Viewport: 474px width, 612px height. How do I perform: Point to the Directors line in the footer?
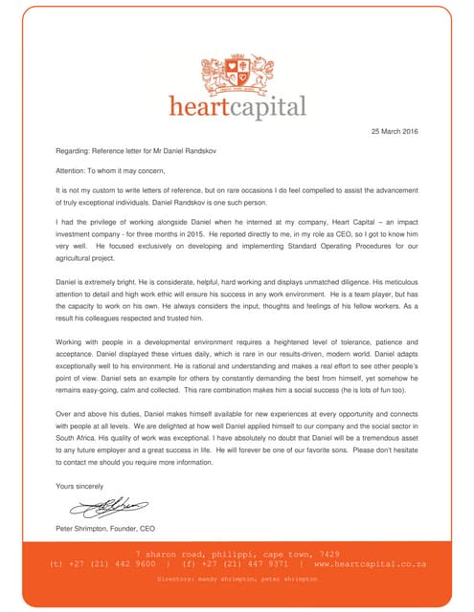(x=237, y=578)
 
